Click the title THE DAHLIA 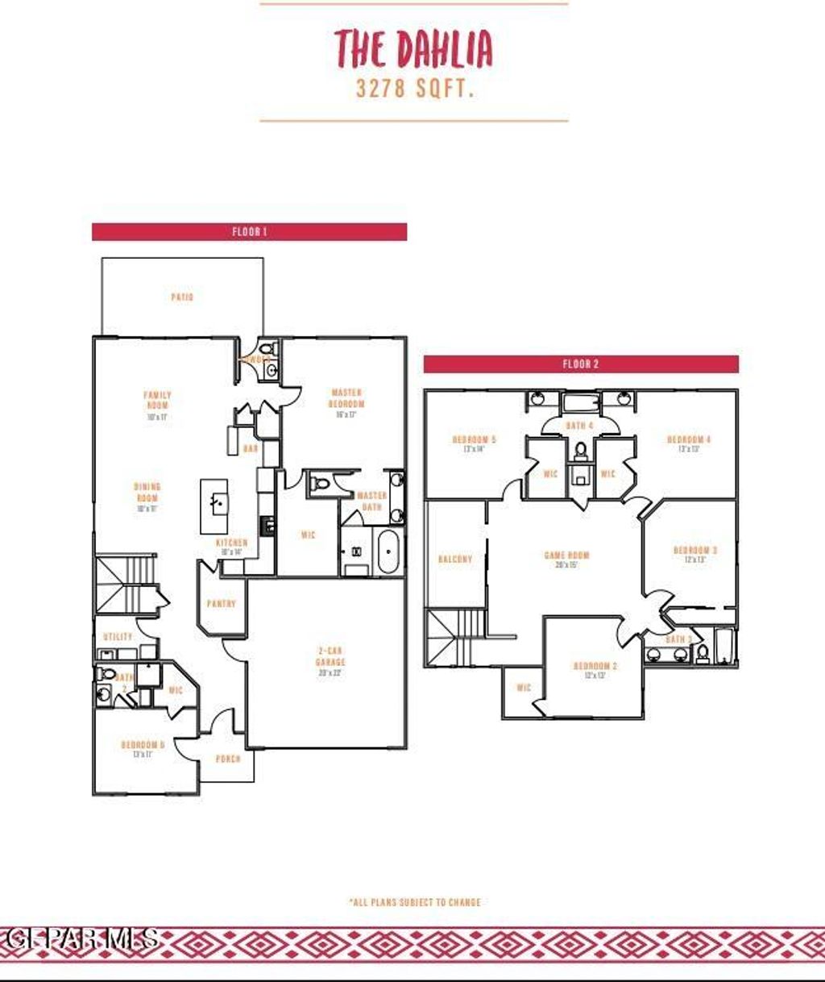pyautogui.click(x=413, y=48)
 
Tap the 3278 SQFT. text pyautogui.click(x=413, y=89)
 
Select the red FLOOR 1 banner pyautogui.click(x=249, y=232)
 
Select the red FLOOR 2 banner pyautogui.click(x=581, y=364)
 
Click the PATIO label pyautogui.click(x=182, y=298)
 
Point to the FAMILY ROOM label pyautogui.click(x=157, y=401)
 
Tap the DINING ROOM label pyautogui.click(x=147, y=493)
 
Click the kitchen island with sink pyautogui.click(x=214, y=506)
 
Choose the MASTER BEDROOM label pyautogui.click(x=346, y=398)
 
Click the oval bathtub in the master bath pyautogui.click(x=387, y=551)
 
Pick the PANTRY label pyautogui.click(x=221, y=604)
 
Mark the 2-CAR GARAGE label pyautogui.click(x=330, y=656)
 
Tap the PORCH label pyautogui.click(x=228, y=759)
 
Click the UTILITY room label pyautogui.click(x=118, y=637)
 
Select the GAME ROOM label pyautogui.click(x=566, y=556)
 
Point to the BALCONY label pyautogui.click(x=454, y=560)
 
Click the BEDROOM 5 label pyautogui.click(x=474, y=440)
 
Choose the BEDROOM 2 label pyautogui.click(x=595, y=667)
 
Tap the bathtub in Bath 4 pyautogui.click(x=580, y=403)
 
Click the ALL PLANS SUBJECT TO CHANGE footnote pyautogui.click(x=415, y=902)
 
